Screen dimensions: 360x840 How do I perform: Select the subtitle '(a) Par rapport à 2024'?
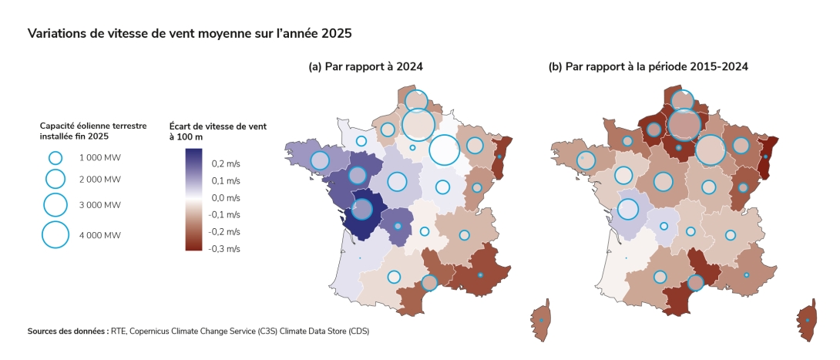point(365,67)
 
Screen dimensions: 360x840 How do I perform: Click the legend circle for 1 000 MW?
point(55,157)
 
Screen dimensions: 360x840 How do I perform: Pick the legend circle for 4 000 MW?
point(55,235)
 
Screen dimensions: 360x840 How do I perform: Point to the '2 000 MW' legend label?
point(99,179)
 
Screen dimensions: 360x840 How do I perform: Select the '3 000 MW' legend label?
point(99,205)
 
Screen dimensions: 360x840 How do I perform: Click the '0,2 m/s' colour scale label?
point(227,164)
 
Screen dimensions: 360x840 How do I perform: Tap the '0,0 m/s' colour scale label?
point(227,198)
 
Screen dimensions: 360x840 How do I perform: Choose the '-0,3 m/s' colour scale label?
point(225,249)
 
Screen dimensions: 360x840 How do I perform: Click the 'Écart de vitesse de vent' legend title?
point(217,126)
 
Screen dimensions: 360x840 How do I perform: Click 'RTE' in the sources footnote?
point(118,331)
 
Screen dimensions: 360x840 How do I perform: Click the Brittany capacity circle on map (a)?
point(319,160)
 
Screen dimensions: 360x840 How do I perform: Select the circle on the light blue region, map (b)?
point(628,209)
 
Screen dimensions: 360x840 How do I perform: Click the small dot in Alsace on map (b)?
point(765,156)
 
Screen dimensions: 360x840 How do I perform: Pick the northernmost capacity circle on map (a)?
point(416,101)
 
